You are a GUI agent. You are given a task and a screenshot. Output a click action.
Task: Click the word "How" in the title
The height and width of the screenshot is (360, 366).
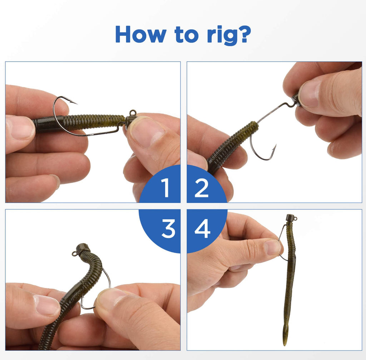pos(140,34)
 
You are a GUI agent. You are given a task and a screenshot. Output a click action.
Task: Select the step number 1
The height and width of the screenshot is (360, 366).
pos(165,188)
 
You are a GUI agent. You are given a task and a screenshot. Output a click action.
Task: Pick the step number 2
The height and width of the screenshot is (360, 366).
pos(201,188)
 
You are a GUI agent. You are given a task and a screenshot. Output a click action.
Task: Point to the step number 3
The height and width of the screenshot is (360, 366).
pos(168,229)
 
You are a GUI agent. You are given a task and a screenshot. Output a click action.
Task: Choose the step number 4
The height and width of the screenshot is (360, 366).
pos(202,229)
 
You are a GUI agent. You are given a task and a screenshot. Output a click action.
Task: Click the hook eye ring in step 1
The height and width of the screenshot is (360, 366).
pos(133,112)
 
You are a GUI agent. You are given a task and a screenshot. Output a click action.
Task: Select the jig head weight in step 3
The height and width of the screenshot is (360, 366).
pos(83,248)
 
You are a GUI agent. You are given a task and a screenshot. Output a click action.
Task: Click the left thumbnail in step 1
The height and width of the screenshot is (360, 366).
pos(19,127)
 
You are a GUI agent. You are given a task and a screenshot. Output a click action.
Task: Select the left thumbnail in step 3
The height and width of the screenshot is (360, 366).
pos(46,305)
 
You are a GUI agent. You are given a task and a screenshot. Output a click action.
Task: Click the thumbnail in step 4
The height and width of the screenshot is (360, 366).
pos(272,247)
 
